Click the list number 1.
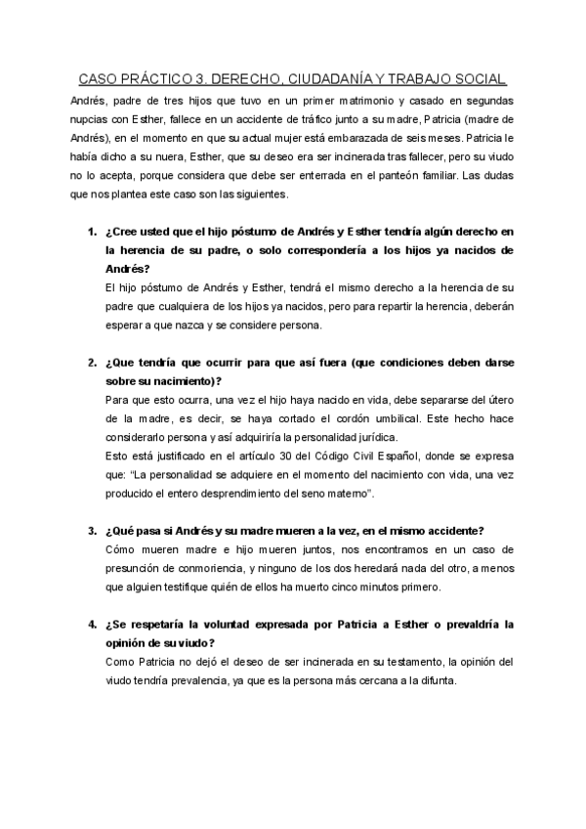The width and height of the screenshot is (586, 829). click(x=91, y=232)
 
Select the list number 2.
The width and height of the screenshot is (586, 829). click(x=91, y=363)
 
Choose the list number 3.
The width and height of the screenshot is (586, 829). click(x=91, y=531)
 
